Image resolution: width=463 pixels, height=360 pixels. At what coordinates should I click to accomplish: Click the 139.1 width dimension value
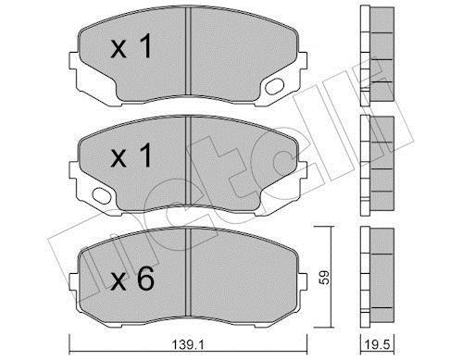[188, 344]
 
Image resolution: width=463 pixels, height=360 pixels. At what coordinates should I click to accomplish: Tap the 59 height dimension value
[324, 277]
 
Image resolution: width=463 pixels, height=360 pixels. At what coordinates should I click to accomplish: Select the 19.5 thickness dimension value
[377, 344]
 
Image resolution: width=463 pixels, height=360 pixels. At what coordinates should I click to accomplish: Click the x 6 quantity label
[132, 279]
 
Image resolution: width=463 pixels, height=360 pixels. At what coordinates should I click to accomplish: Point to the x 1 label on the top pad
[131, 46]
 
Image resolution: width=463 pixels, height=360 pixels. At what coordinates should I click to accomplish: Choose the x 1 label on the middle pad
[131, 155]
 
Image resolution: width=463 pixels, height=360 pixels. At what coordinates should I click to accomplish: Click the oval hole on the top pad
[274, 86]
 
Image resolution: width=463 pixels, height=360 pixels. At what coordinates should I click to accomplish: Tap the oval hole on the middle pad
[102, 196]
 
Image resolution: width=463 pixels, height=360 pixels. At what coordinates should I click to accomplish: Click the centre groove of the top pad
[188, 51]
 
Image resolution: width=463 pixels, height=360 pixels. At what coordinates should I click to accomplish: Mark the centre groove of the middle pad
[188, 160]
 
